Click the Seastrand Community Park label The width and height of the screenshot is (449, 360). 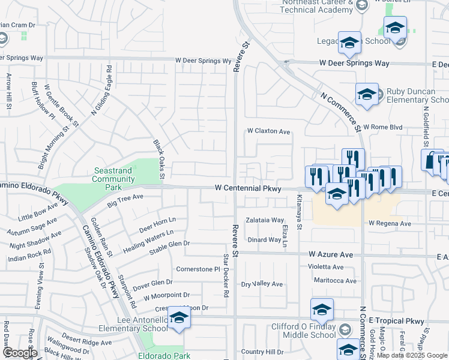(x=113, y=179)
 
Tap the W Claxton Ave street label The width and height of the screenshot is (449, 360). (x=268, y=131)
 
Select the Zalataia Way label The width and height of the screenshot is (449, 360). (x=265, y=220)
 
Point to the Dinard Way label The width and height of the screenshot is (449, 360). (x=265, y=240)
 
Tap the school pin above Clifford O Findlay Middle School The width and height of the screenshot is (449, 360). (x=322, y=310)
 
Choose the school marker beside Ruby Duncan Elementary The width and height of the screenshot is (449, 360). (x=367, y=94)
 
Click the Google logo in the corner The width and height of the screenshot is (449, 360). (x=20, y=353)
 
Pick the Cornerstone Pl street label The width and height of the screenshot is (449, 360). (x=198, y=269)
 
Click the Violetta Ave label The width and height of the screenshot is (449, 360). (x=326, y=267)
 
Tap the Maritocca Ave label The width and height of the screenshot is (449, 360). (x=335, y=280)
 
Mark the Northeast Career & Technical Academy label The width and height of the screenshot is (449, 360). (x=316, y=6)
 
